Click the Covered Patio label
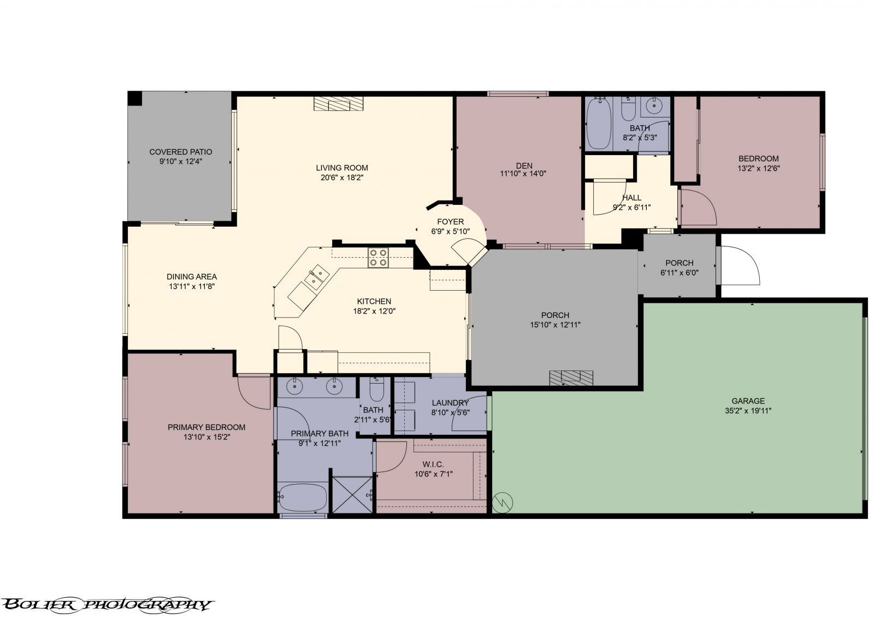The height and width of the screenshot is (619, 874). pos(180,152)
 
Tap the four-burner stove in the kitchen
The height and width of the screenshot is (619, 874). pos(379,257)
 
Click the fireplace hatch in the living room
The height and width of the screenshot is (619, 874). pos(339,104)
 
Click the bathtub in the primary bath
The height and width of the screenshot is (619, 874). pos(302,497)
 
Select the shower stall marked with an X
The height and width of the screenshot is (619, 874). pos(352,495)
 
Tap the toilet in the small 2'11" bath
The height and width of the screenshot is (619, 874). pos(377,390)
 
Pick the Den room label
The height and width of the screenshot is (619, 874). pos(523,166)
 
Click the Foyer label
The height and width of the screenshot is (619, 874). pos(450,221)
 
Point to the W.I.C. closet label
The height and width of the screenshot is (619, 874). pos(433,464)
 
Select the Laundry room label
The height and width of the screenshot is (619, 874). pos(450,403)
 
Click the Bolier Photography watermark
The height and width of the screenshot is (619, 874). pos(107,604)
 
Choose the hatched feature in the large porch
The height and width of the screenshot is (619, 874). pos(571,378)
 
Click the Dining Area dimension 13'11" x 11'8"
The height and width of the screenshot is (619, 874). pos(191,286)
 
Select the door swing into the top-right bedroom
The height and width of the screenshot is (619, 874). pos(698,207)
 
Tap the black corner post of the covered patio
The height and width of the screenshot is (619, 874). pos(134,98)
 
